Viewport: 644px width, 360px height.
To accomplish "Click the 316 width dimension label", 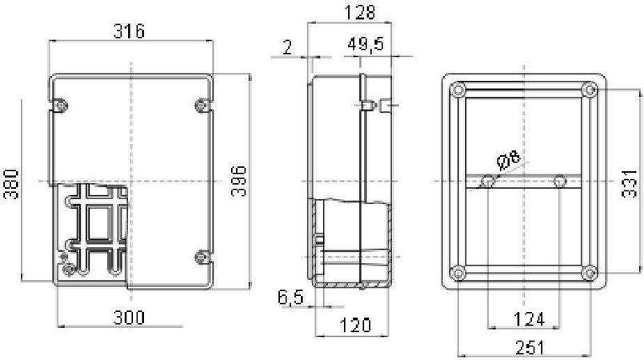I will (129, 31).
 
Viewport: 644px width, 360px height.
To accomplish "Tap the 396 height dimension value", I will (238, 181).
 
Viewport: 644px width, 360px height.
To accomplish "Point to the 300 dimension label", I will (129, 318).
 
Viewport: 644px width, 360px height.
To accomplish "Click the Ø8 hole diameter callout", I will (508, 162).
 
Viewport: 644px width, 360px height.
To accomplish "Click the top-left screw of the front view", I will (60, 103).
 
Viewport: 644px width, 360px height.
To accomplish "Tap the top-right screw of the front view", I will (201, 103).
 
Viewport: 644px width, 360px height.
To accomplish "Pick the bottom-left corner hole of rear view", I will (458, 272).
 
